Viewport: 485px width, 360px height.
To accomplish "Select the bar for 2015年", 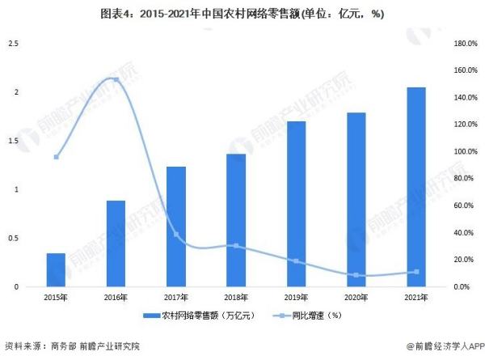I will [56, 269].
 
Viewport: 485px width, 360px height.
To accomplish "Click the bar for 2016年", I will [116, 243].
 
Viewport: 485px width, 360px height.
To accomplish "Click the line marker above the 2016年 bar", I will [116, 79].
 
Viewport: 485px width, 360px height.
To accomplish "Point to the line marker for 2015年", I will [56, 157].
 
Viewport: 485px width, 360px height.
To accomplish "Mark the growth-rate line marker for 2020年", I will [356, 275].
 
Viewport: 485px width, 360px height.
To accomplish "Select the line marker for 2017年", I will [176, 235].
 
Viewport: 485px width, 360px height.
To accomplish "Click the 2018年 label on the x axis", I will [236, 297].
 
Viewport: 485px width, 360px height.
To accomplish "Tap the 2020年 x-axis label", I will [356, 297].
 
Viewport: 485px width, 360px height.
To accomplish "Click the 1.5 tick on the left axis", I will [13, 141].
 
